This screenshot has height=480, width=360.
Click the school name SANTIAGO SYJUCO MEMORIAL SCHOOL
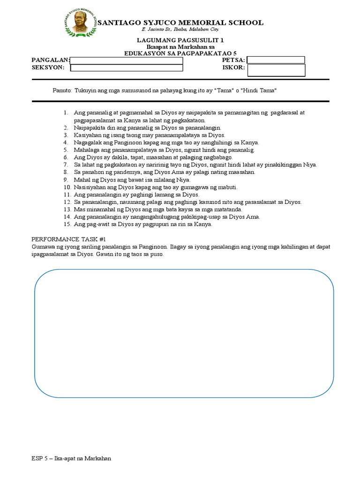(180, 22)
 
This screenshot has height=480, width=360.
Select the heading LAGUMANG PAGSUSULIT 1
(180, 41)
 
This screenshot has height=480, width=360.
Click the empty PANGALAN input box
(126, 60)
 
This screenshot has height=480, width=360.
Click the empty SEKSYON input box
(126, 68)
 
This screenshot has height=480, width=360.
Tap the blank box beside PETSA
(276, 60)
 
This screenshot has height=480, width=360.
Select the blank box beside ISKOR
(276, 70)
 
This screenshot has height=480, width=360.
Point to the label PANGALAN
(50, 60)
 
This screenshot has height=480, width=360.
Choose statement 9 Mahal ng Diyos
(132, 180)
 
